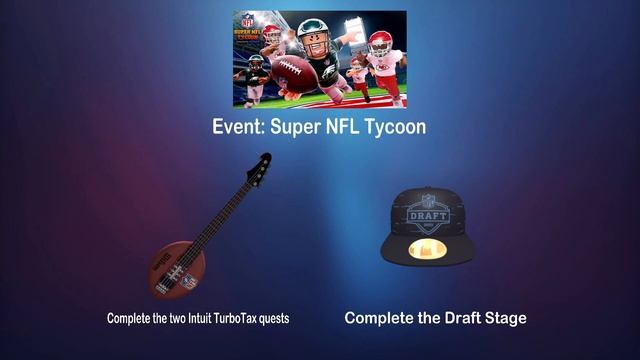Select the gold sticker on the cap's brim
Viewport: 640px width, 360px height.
point(429,243)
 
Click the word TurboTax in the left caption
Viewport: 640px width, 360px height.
point(229,318)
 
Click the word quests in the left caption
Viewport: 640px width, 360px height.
point(272,318)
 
